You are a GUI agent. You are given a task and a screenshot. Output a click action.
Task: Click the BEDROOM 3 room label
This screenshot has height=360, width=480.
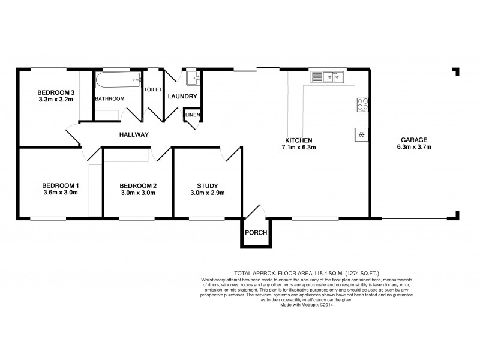[x=55, y=92]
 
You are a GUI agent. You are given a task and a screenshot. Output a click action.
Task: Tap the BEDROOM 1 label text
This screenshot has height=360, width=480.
[x=60, y=185]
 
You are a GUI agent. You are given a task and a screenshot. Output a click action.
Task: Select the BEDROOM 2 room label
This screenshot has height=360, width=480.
[x=137, y=185]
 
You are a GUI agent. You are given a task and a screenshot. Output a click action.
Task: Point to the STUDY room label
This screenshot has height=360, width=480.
[x=207, y=185]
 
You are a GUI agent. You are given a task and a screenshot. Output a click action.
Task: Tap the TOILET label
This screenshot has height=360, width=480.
[x=153, y=89]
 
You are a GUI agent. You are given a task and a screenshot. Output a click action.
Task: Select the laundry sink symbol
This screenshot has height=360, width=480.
[x=193, y=79]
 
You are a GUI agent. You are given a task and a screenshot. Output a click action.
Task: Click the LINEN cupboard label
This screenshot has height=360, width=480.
[x=193, y=114]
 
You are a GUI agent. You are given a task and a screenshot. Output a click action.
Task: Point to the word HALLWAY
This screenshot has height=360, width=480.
[x=133, y=134]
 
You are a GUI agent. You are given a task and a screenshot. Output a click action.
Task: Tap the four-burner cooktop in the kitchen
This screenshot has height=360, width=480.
[x=362, y=105]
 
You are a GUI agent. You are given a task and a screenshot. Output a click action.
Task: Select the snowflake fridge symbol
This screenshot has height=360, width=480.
[x=362, y=134]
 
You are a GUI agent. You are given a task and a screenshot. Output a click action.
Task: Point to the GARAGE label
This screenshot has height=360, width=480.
[x=414, y=139]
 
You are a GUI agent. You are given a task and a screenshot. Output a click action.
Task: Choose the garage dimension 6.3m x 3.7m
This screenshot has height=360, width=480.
[x=414, y=146]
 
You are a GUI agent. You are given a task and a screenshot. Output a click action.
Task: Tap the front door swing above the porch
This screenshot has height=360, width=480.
[x=253, y=213]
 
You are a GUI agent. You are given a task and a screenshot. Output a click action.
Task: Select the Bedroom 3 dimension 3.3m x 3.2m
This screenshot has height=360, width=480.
[x=55, y=100]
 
